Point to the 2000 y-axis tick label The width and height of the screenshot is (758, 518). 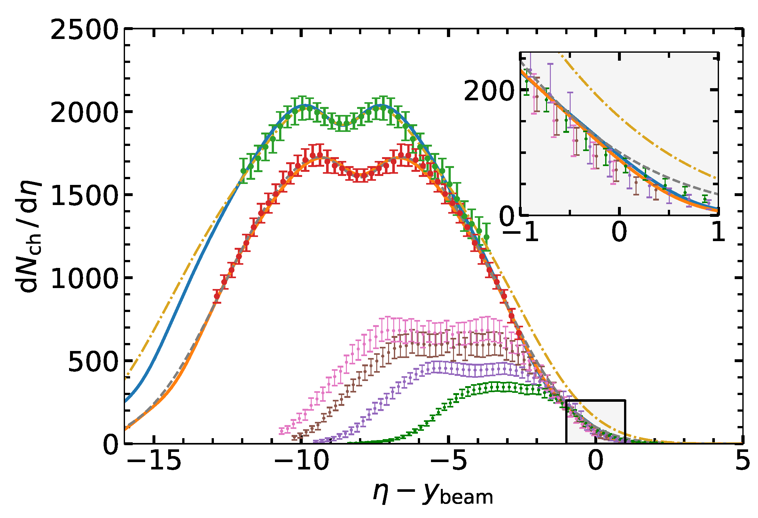click(84, 113)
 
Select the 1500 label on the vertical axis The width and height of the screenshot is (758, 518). click(84, 196)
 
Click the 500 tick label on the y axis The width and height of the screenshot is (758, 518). click(93, 362)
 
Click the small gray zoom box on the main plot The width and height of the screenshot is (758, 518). click(596, 422)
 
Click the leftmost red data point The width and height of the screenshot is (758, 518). click(217, 296)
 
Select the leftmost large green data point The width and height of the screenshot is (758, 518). click(244, 171)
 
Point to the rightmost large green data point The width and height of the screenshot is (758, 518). click(487, 237)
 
